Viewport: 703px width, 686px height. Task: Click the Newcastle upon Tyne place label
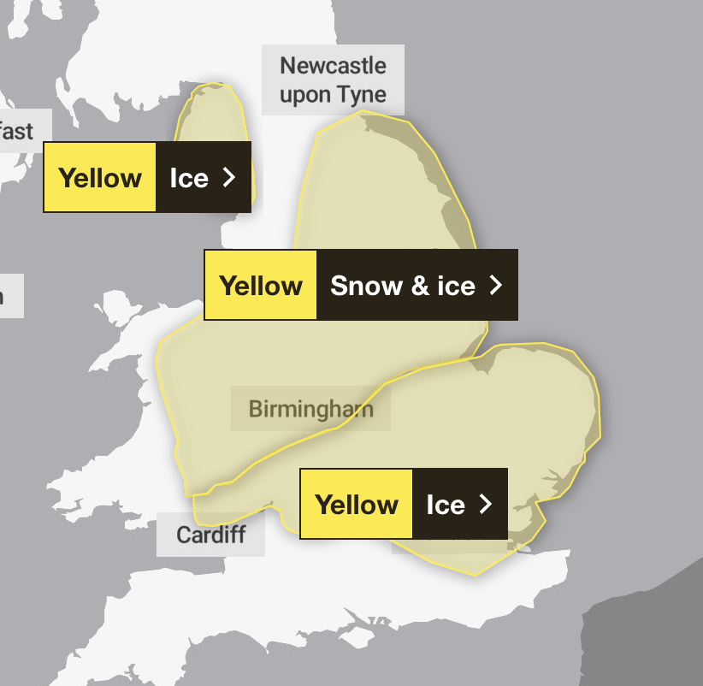pos(333,80)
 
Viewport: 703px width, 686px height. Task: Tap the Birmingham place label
pos(310,409)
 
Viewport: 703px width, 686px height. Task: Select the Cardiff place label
pos(210,535)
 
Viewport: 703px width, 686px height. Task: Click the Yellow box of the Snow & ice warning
pos(261,286)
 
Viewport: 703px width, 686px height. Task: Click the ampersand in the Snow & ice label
pos(419,286)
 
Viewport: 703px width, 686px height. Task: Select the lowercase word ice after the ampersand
pos(456,286)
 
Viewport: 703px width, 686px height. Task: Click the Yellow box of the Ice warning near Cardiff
pos(357,504)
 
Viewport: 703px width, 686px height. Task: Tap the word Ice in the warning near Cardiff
pos(445,505)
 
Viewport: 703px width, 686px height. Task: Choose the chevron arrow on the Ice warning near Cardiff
pos(486,504)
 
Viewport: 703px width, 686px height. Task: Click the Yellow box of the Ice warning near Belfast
pos(100,178)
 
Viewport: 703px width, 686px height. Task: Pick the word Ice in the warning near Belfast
pos(189,178)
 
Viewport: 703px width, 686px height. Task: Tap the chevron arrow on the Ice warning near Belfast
pos(229,177)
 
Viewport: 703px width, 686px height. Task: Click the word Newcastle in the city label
pos(333,66)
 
